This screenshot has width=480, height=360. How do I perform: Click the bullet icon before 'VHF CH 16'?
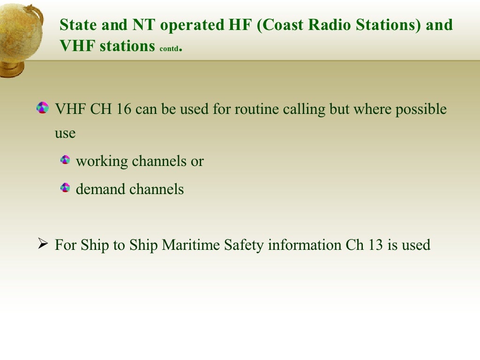click(43, 108)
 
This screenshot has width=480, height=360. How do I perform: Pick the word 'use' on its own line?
click(65, 134)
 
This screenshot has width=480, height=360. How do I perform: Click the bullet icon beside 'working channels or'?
click(65, 160)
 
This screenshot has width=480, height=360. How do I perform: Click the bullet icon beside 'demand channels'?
click(65, 188)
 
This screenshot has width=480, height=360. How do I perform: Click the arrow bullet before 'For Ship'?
click(43, 244)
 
